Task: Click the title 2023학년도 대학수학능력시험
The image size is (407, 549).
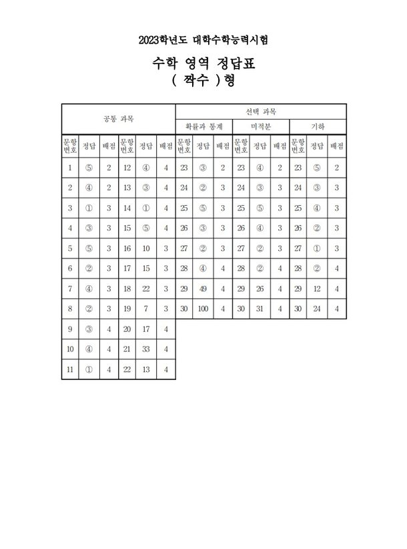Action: pos(203,41)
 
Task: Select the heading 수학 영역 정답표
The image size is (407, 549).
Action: pos(203,65)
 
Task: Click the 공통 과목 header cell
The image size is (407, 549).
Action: pos(118,120)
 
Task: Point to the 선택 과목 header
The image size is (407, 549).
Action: pos(261,111)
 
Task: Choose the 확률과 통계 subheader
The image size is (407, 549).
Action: pos(203,126)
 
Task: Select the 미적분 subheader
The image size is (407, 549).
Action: pos(261,126)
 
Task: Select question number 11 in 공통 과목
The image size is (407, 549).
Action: pos(70,367)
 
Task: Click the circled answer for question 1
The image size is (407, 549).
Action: pos(89,168)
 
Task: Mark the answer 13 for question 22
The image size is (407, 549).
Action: pos(146,367)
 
